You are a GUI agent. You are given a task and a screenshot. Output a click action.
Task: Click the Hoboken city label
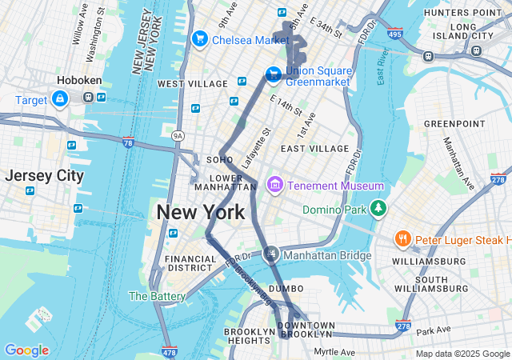coord(77,81)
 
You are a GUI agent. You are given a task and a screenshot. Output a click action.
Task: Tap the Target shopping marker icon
coord(60,98)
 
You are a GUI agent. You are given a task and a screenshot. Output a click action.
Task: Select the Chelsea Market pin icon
coord(199,39)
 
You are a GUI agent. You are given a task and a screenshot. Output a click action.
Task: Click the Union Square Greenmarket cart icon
coord(273,74)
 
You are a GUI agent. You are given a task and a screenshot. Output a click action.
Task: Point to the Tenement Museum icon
coord(275,186)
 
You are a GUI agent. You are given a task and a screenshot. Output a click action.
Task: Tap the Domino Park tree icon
coord(378,210)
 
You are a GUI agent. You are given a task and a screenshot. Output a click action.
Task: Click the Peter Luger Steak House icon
coord(402,239)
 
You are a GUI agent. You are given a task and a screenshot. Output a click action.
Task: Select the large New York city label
coord(200,213)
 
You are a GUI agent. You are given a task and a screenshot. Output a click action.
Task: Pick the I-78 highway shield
coord(128,142)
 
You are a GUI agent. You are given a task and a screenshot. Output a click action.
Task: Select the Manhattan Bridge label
coord(327,255)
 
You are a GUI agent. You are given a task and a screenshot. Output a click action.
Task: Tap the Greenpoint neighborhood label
coord(454,123)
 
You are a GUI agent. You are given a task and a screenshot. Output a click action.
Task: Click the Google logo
coord(26,350)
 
